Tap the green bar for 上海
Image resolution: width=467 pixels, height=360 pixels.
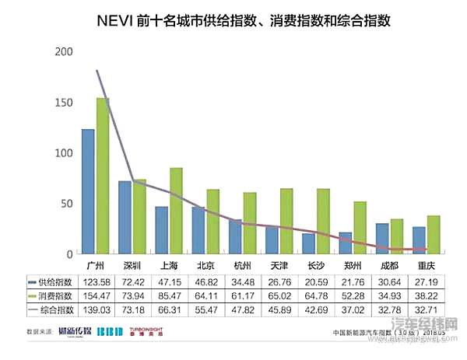point(176,211)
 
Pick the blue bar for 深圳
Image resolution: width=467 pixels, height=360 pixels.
point(125,217)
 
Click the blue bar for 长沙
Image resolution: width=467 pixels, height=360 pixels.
point(308,243)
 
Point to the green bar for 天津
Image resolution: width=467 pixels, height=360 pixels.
point(286,222)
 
